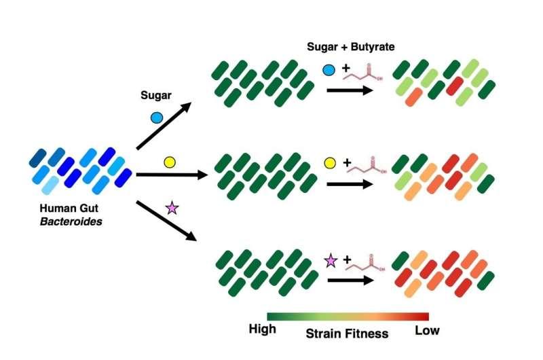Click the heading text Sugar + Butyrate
click(350, 47)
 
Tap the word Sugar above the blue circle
click(156, 95)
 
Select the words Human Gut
click(69, 209)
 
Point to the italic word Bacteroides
click(71, 221)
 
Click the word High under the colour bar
click(262, 329)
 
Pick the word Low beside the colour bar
click(427, 331)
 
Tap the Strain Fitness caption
click(347, 334)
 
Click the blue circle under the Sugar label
click(157, 118)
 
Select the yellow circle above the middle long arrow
click(170, 162)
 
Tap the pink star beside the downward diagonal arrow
click(172, 209)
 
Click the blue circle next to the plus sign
click(329, 70)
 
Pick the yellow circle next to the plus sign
click(330, 163)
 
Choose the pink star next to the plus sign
click(331, 261)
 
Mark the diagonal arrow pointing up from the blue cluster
click(164, 126)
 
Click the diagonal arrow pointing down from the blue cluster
click(166, 221)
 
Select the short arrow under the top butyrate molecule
click(350, 90)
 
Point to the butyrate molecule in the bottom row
click(367, 263)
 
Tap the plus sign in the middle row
click(347, 162)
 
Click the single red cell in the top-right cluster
click(455, 86)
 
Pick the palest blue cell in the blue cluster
click(50, 185)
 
